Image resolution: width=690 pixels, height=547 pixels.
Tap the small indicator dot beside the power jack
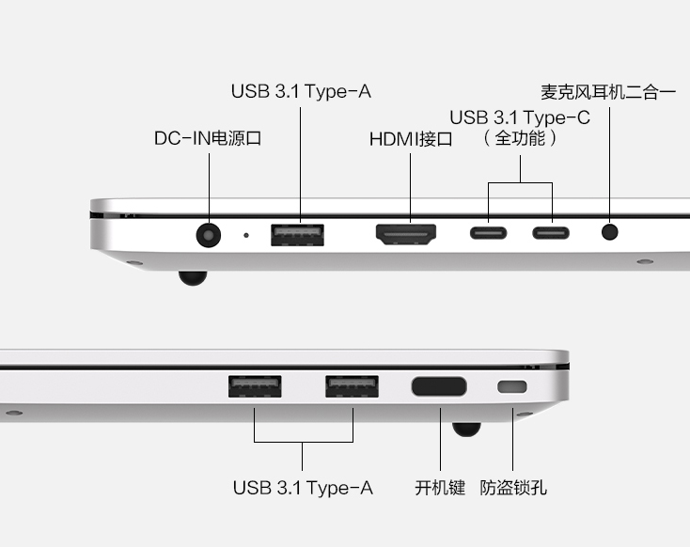[246, 234]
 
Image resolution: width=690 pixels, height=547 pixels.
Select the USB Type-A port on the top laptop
[297, 234]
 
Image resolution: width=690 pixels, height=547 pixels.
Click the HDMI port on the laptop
[406, 234]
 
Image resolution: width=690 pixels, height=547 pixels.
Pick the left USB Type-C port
[488, 232]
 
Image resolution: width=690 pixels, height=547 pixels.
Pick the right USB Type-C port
[551, 232]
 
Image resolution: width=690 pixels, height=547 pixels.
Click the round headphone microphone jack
[611, 231]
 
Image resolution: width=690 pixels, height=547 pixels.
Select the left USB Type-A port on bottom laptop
[255, 387]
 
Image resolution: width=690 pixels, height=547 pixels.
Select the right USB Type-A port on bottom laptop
[352, 387]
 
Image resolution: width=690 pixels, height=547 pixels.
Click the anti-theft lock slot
[512, 386]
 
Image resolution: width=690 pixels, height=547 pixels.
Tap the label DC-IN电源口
[207, 138]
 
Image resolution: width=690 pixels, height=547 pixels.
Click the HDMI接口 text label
[411, 139]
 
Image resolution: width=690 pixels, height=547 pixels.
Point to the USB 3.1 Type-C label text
[520, 117]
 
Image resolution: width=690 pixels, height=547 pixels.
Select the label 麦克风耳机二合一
[608, 92]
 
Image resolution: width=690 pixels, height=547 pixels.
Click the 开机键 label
[440, 488]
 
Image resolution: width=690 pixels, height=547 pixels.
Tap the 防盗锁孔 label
[513, 488]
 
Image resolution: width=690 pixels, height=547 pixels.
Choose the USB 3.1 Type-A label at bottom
[303, 488]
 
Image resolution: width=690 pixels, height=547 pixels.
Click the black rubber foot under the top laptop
[192, 277]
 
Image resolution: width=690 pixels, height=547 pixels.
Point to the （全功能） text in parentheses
[520, 138]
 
